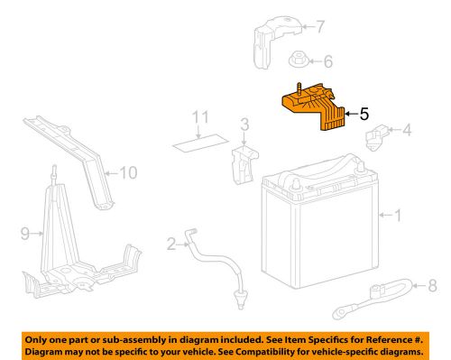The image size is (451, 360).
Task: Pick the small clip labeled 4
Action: pos(374,139)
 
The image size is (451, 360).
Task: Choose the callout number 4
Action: pos(406,131)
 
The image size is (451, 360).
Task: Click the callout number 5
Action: pos(364,115)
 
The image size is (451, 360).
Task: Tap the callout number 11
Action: pos(204,117)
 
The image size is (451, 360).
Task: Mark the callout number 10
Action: pos(130,171)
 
